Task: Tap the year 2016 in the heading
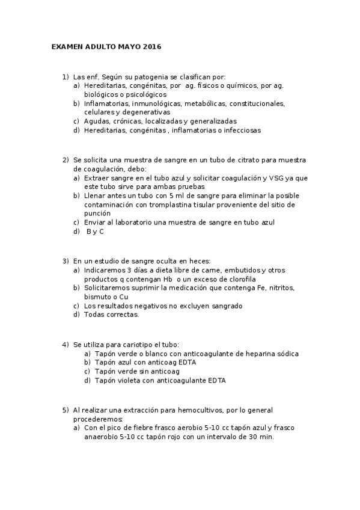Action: (x=153, y=46)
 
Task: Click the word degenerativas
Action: (x=146, y=112)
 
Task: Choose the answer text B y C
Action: (x=95, y=231)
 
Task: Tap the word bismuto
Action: (x=99, y=297)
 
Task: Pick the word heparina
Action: (x=248, y=354)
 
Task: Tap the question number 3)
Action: (x=66, y=261)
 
